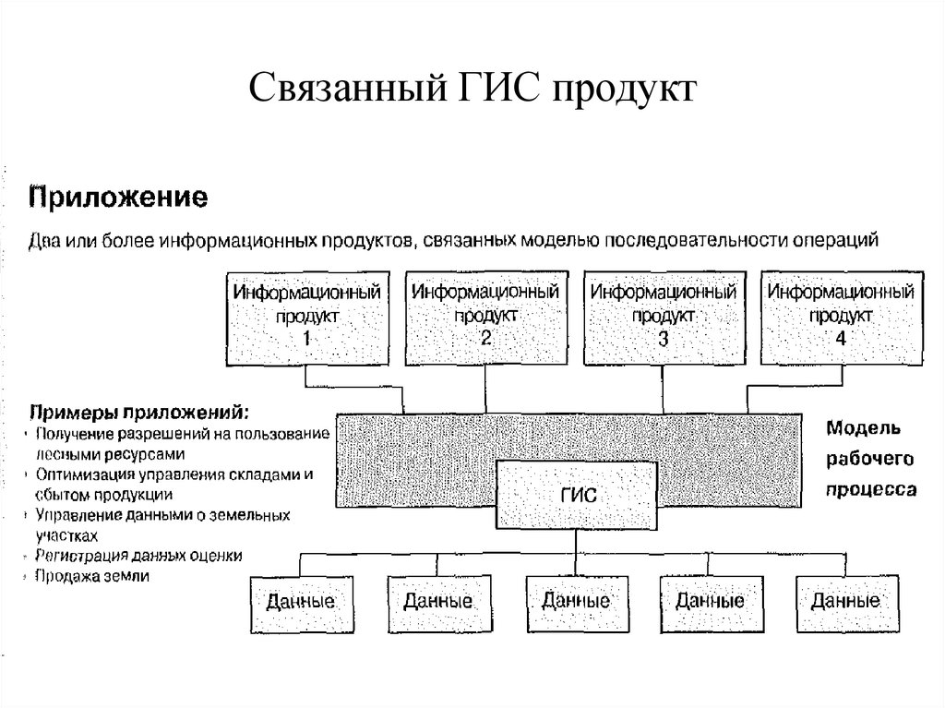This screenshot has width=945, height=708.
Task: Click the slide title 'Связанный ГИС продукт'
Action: pyautogui.click(x=472, y=90)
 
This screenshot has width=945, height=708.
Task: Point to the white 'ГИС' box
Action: pyautogui.click(x=579, y=494)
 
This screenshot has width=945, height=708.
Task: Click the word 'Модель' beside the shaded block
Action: pyautogui.click(x=857, y=428)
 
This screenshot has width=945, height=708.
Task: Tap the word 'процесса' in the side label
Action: pyautogui.click(x=870, y=488)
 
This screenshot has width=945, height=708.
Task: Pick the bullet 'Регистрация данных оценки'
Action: pyautogui.click(x=138, y=556)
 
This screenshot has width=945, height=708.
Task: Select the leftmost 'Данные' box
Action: pyautogui.click(x=301, y=601)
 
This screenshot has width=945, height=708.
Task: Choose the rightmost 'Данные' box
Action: pyautogui.click(x=844, y=601)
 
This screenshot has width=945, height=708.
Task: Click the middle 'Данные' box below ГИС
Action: pyautogui.click(x=575, y=601)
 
